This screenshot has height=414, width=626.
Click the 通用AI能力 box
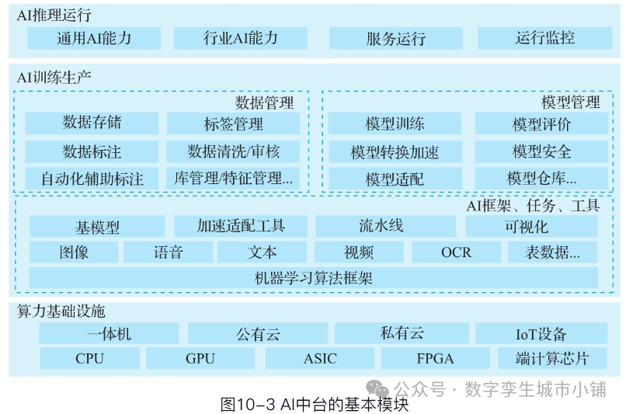tap(94, 38)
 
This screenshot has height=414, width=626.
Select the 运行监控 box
tap(544, 38)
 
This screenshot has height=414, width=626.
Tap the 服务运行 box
tap(395, 38)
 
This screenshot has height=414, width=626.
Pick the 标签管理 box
tap(233, 124)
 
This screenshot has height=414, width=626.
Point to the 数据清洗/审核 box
tap(233, 151)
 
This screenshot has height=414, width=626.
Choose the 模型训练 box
tap(395, 124)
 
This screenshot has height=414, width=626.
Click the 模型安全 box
tap(541, 151)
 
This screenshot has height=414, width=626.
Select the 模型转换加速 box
tap(395, 151)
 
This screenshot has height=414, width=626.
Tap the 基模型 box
tap(97, 227)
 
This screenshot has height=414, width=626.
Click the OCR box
tap(456, 252)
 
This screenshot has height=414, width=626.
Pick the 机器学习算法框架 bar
tap(313, 277)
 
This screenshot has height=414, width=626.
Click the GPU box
tap(200, 359)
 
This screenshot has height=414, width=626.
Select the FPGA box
tap(434, 359)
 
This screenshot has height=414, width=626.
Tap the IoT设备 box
tap(541, 334)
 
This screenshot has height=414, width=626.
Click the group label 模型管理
tap(570, 102)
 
